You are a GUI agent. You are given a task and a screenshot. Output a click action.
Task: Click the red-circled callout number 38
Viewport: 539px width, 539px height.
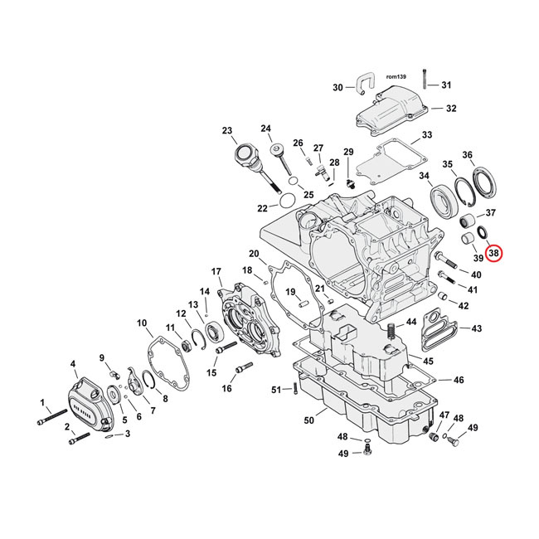(494, 253)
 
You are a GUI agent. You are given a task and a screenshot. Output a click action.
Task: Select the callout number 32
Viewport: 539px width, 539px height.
(450, 109)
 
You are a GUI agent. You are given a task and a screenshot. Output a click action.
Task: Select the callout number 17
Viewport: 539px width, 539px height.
(216, 271)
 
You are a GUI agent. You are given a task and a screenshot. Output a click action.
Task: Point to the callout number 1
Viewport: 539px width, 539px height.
(42, 403)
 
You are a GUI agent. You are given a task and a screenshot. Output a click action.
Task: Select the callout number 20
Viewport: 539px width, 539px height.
(253, 253)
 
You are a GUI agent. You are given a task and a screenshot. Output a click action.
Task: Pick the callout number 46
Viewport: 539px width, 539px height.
(458, 380)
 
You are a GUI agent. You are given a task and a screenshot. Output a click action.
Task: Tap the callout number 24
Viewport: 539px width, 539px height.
(265, 129)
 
